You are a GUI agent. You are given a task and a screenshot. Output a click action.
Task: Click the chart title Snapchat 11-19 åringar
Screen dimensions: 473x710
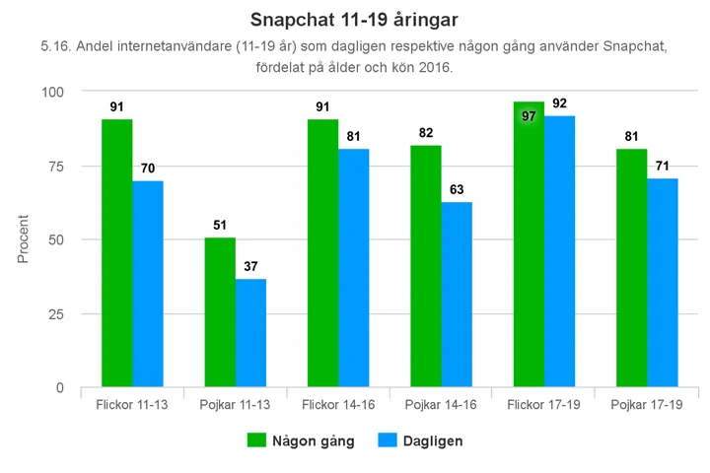[354, 20]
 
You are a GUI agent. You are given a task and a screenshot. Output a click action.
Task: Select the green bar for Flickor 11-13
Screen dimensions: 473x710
[116, 253]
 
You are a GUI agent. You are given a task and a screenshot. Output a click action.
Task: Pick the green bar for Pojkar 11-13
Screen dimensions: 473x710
[220, 312]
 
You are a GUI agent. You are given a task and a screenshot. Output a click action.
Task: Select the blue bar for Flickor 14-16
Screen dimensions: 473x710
[353, 268]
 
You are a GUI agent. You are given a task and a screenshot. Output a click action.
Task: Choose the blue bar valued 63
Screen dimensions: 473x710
[457, 295]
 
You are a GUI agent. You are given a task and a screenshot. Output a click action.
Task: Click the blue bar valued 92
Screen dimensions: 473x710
[559, 251]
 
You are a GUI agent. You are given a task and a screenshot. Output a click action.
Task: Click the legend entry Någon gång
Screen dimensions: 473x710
[300, 440]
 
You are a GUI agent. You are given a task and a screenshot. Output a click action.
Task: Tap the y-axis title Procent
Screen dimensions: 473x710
[23, 238]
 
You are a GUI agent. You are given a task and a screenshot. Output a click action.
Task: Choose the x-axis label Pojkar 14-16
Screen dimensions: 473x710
[441, 405]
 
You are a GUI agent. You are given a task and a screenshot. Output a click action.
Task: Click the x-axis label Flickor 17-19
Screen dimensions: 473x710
[543, 405]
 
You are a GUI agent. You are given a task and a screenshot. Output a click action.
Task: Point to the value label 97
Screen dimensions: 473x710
[529, 116]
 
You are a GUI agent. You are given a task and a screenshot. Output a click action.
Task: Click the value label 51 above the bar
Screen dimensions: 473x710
[220, 225]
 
